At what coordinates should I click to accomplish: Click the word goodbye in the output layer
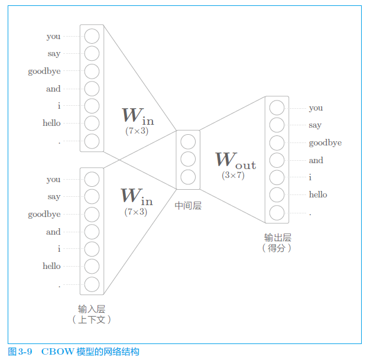point(325,142)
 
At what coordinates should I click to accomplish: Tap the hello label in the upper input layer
point(51,123)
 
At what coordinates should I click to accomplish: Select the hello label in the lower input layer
point(51,266)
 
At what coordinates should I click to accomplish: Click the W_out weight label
point(235,160)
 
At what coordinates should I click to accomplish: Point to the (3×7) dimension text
point(233,175)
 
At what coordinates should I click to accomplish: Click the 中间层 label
point(188,205)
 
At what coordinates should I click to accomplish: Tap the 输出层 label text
point(277,238)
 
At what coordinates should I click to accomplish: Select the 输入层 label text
point(92,309)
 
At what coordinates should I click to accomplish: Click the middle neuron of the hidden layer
point(188,159)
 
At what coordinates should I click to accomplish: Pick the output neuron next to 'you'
point(277,108)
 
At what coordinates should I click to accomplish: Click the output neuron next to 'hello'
point(277,194)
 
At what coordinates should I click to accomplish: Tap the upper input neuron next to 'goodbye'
point(92,72)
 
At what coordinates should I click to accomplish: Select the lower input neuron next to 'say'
point(92,196)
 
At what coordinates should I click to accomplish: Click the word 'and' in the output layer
point(316,160)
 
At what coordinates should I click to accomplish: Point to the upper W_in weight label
point(137,116)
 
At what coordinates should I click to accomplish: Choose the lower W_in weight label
point(137,196)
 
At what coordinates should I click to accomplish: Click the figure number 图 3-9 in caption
point(20,352)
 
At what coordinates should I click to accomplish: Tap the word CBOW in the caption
point(58,352)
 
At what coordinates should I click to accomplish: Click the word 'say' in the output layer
point(315,125)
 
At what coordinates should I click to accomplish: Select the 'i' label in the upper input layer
point(59,106)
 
